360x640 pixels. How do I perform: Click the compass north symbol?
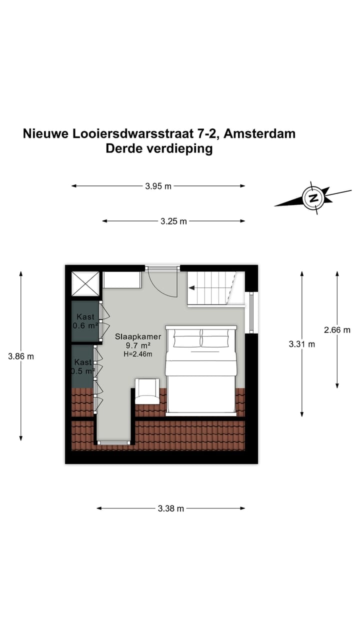coord(313,198)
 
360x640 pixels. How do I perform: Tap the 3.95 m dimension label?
coord(158,186)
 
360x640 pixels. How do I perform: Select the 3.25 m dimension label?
coord(173,221)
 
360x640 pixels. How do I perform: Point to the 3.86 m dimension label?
coord(21,356)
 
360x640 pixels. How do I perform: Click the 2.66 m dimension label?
coord(337,329)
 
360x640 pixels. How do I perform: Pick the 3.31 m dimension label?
coord(302,344)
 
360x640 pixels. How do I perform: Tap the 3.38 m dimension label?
coord(171,508)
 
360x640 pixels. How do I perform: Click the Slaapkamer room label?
coord(138,337)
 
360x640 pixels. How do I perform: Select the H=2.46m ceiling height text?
coord(137,354)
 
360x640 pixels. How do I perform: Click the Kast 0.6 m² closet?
coord(85,321)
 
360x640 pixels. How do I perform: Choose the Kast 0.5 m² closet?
coord(83,366)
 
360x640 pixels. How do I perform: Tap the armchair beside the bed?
coord(147,391)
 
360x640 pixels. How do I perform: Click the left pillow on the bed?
coord(187,340)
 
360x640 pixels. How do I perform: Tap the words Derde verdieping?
coord(159,148)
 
